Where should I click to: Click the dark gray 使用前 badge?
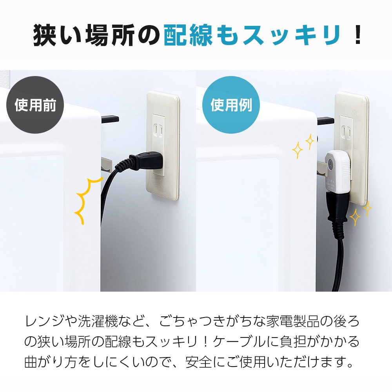[x=35, y=105]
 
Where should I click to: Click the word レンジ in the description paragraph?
[x=44, y=322]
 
